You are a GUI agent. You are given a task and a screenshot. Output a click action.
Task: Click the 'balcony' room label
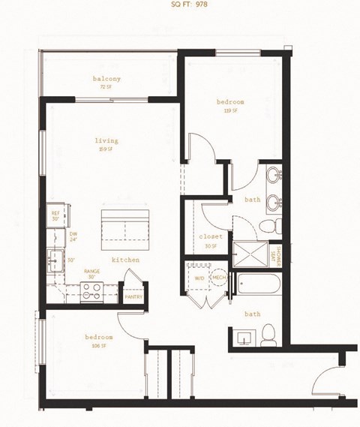point(107,79)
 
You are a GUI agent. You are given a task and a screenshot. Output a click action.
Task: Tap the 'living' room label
point(106,140)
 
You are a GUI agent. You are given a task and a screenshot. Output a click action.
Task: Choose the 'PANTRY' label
point(134,296)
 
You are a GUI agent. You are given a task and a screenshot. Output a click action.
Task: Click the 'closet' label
point(209,237)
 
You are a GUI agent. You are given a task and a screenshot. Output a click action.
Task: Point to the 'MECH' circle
point(218,277)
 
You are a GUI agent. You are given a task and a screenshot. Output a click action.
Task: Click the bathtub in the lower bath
point(259,286)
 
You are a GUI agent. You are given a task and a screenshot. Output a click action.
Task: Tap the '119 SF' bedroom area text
point(230,111)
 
